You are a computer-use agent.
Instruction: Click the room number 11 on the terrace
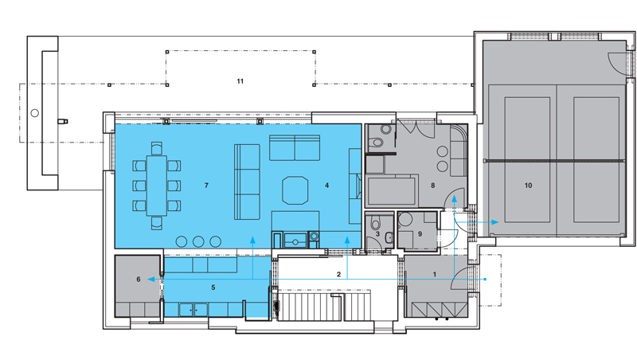(240, 81)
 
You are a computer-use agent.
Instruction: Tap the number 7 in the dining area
(206, 186)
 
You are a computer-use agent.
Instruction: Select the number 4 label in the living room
(326, 186)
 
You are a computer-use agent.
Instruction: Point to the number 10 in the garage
(528, 186)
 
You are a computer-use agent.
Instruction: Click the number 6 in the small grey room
(139, 279)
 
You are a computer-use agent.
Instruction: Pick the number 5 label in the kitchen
(213, 288)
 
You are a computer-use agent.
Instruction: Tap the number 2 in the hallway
(339, 274)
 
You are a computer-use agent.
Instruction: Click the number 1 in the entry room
(434, 274)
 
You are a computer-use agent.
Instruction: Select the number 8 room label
(432, 186)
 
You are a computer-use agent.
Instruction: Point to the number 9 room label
(420, 234)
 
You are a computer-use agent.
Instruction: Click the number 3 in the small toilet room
(377, 234)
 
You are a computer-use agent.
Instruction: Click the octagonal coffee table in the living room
(295, 190)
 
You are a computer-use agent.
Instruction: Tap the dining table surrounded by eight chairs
(156, 186)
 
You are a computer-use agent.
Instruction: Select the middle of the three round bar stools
(198, 242)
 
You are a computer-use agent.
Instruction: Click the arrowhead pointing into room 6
(150, 279)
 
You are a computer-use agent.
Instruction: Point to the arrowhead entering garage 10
(495, 222)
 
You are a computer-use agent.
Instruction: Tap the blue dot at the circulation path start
(486, 279)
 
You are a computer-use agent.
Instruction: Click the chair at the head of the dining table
(156, 148)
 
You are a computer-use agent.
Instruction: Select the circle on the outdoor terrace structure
(35, 113)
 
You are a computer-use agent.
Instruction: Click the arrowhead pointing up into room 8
(454, 198)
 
